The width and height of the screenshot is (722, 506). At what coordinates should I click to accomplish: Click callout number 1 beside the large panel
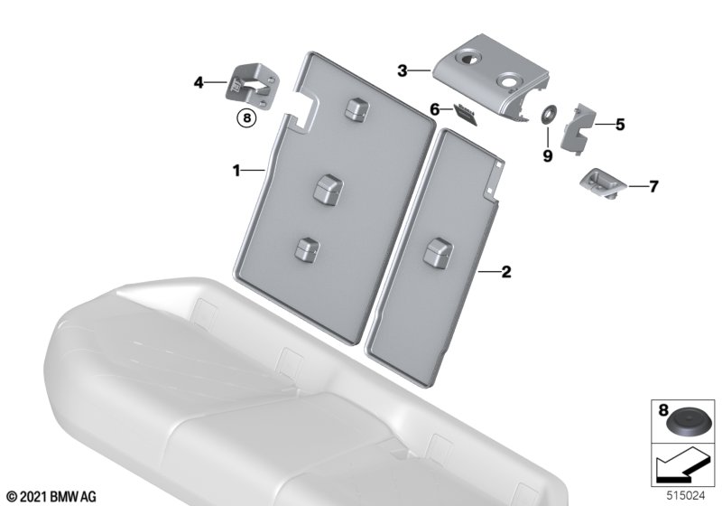[x=236, y=171]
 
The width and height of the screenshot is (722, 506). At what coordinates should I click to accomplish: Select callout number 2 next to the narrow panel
[x=506, y=271]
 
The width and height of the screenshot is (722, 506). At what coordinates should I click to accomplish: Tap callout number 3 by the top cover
[x=403, y=71]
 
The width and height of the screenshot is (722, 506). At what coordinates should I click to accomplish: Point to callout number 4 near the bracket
[x=199, y=83]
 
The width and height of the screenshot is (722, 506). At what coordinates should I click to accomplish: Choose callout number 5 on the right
[x=620, y=125]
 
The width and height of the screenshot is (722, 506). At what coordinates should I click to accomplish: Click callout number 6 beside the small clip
[x=434, y=109]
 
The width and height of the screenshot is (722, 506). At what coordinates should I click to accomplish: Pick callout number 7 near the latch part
[x=653, y=186]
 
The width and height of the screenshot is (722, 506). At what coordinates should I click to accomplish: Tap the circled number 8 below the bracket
[x=246, y=118]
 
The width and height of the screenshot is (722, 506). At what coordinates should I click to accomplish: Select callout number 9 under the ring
[x=548, y=155]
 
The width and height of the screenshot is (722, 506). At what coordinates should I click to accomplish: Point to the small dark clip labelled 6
[x=466, y=113]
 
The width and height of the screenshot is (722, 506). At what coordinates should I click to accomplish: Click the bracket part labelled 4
[x=252, y=88]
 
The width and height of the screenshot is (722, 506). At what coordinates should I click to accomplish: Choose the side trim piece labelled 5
[x=577, y=127]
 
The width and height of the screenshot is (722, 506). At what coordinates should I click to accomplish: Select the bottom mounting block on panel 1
[x=307, y=249]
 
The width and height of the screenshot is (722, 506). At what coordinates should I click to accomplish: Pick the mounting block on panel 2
[x=438, y=252]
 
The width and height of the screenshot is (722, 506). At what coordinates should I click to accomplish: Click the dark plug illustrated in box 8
[x=683, y=423]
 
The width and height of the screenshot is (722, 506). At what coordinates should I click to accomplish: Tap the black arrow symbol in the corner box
[x=680, y=465]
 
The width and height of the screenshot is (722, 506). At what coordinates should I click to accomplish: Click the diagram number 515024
[x=686, y=496]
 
